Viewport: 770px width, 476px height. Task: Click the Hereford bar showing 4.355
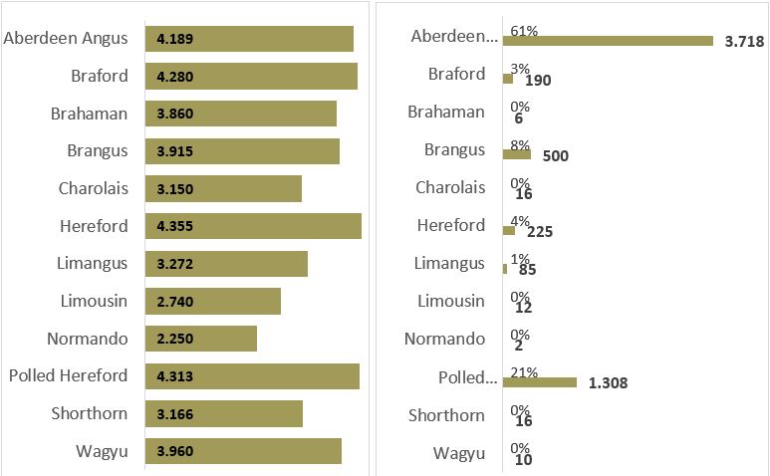tap(253, 226)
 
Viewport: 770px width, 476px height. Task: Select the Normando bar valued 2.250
tap(200, 339)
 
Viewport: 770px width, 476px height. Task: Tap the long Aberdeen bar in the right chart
tap(608, 41)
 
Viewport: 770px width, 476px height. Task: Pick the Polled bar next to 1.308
tap(540, 381)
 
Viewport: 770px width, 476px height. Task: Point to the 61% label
tap(524, 31)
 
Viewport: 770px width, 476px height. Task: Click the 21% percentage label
tap(524, 372)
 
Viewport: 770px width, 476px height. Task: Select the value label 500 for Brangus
tap(557, 155)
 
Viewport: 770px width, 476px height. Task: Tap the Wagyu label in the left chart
tap(102, 452)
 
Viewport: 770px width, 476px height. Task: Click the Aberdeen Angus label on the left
tap(67, 38)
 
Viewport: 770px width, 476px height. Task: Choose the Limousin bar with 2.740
tap(212, 301)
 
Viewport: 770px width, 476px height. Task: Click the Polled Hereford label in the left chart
tap(68, 375)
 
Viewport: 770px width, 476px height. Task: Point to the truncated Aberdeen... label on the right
tap(453, 37)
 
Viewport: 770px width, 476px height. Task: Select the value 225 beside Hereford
tap(539, 232)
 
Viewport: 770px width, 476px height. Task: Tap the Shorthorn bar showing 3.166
tap(223, 414)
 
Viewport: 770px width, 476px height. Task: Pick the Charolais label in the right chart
tap(450, 187)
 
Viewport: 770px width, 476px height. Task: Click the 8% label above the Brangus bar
tap(520, 144)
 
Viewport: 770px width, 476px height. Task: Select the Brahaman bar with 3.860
tap(240, 114)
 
